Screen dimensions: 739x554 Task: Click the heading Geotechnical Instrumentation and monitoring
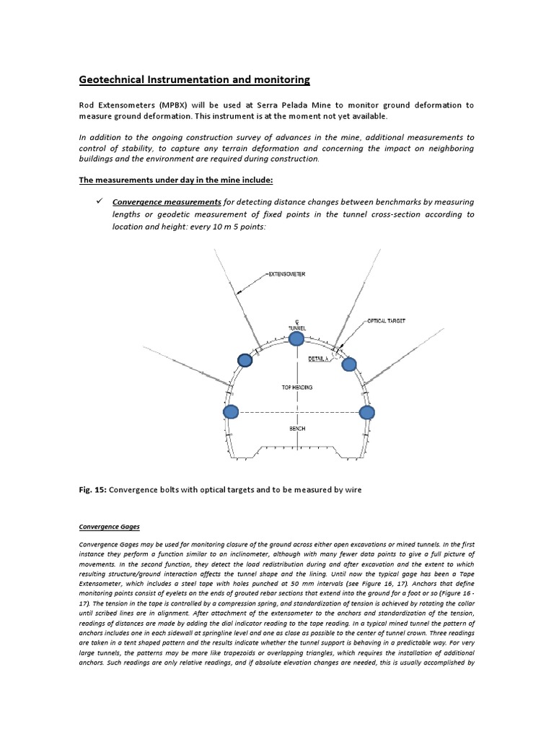click(193, 79)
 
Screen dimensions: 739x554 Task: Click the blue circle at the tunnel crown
click(296, 338)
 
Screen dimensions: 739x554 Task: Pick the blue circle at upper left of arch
click(245, 360)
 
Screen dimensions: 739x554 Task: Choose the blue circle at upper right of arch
click(349, 363)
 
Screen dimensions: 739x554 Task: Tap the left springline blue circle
click(231, 412)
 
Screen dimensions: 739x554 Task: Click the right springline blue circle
click(367, 412)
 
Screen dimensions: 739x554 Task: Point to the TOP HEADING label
click(296, 388)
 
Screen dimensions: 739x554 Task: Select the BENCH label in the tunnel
click(296, 429)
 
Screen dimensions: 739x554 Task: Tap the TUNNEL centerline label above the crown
click(297, 327)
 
